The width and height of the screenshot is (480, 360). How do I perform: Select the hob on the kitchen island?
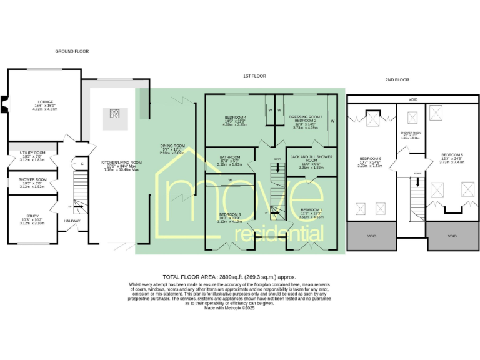(115, 114)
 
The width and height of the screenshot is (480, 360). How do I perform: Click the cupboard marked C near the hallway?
(81, 164)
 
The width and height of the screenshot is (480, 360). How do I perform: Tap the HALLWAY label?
(72, 221)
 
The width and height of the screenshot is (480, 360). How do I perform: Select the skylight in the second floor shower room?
(412, 117)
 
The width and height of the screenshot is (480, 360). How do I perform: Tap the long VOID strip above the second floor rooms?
(412, 99)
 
